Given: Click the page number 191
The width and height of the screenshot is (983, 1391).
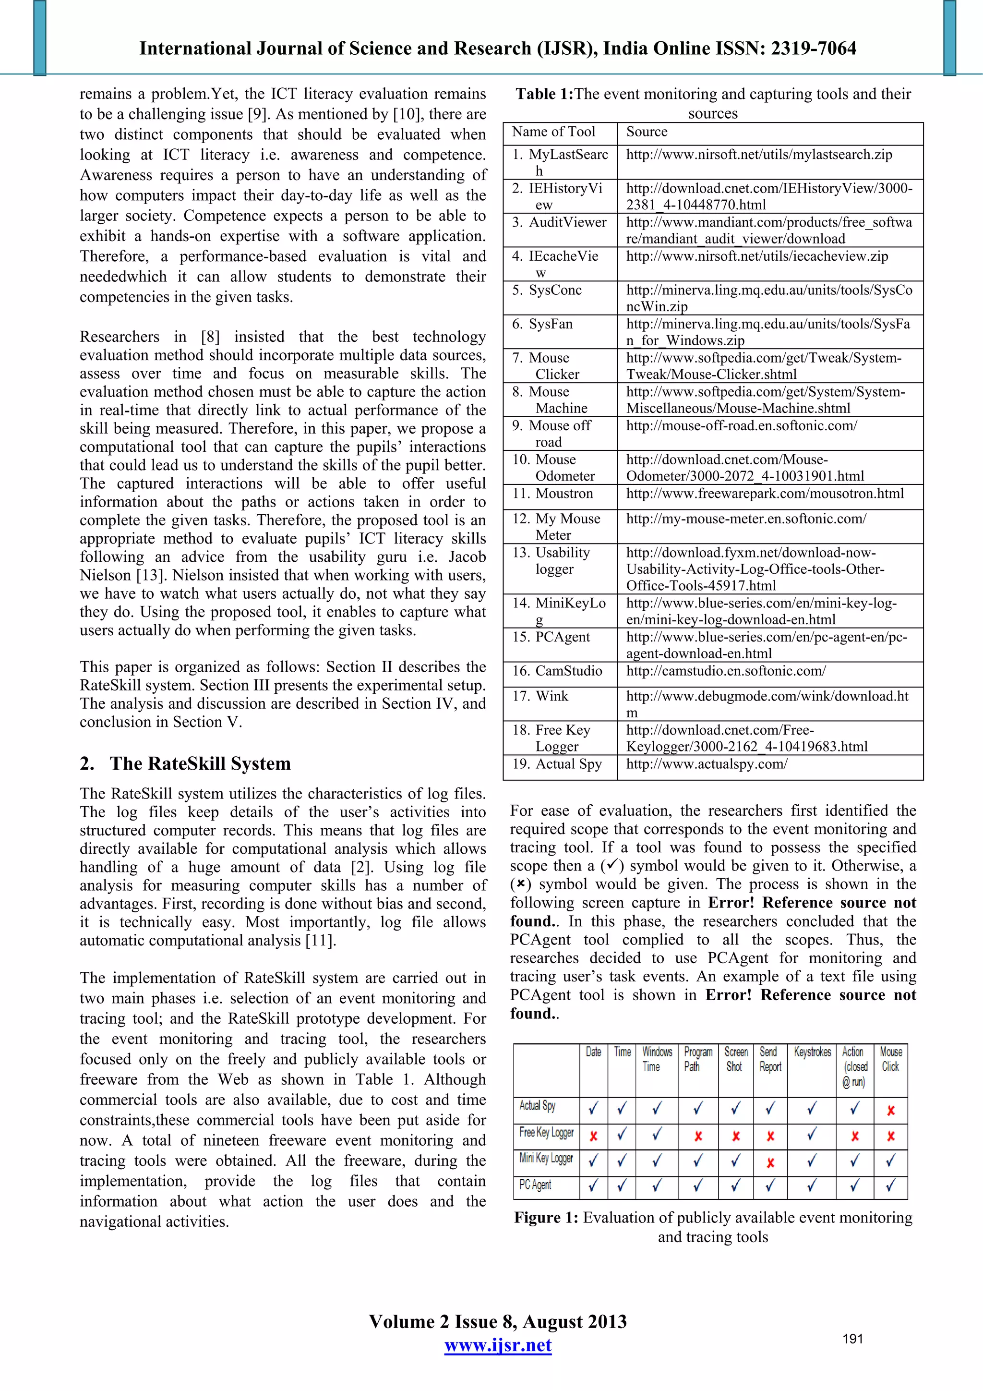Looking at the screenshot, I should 852,1339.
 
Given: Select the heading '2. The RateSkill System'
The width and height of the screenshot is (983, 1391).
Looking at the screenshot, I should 185,763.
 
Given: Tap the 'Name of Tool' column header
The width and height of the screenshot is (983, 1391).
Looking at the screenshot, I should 553,132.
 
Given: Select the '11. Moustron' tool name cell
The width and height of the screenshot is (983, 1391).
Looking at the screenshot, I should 552,493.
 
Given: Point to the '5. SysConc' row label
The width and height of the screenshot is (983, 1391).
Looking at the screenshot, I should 546,290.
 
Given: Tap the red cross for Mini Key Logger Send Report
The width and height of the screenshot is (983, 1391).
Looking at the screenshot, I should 770,1162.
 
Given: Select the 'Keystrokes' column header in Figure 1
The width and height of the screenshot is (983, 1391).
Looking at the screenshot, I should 812,1052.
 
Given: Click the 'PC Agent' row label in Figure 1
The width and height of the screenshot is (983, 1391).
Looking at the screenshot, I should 535,1185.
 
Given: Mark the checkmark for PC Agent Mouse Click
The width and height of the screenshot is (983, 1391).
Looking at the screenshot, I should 890,1185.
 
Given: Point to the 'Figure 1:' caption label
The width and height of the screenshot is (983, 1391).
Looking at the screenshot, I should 546,1218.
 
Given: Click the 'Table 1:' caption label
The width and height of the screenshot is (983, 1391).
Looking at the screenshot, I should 543,95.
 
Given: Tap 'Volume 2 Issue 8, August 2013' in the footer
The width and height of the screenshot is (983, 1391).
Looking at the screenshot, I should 497,1321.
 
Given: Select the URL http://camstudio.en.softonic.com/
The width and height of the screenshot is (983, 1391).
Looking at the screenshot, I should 726,671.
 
